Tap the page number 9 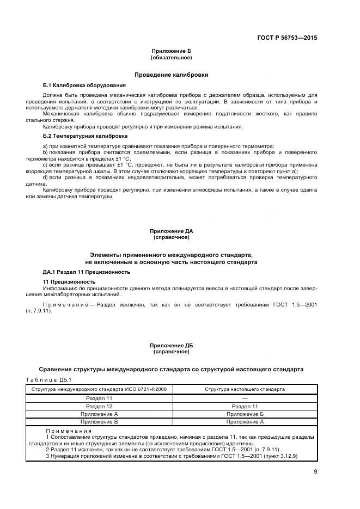click(315, 471)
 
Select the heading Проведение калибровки click(171, 75)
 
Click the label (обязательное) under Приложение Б click(171, 57)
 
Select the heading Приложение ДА click(171, 231)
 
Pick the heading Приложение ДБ click(171, 345)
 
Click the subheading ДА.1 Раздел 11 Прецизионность click(87, 271)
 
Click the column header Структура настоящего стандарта click(245, 389)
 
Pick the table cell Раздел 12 click(99, 406)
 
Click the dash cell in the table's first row click(245, 398)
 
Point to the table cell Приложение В click(99, 421)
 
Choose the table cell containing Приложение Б click(245, 414)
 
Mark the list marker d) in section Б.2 click(45, 177)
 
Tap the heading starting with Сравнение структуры click(171, 369)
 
